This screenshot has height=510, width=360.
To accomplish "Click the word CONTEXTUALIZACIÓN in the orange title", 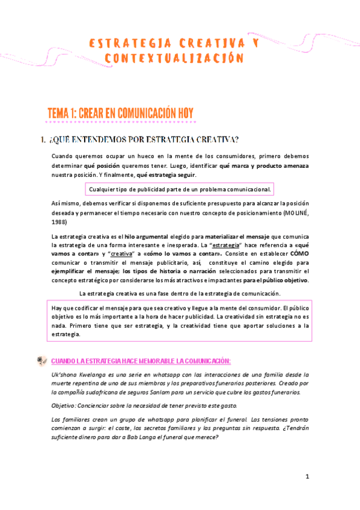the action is [175, 58].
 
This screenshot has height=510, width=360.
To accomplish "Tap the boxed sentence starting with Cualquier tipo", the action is [180, 189].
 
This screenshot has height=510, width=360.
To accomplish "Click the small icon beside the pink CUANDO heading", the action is [41, 360].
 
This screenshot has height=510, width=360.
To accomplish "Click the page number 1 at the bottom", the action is [307, 476].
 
